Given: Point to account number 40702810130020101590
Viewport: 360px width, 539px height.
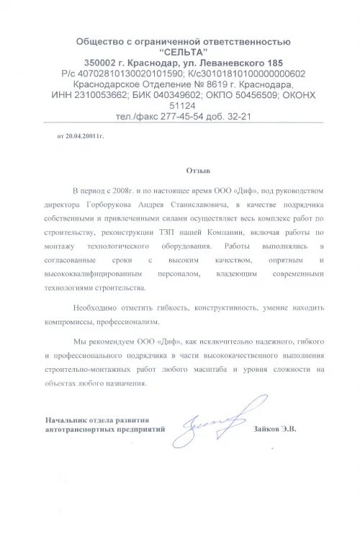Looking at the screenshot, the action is pos(129,73).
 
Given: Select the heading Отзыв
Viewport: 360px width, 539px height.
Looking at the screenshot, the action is pos(197,172).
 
